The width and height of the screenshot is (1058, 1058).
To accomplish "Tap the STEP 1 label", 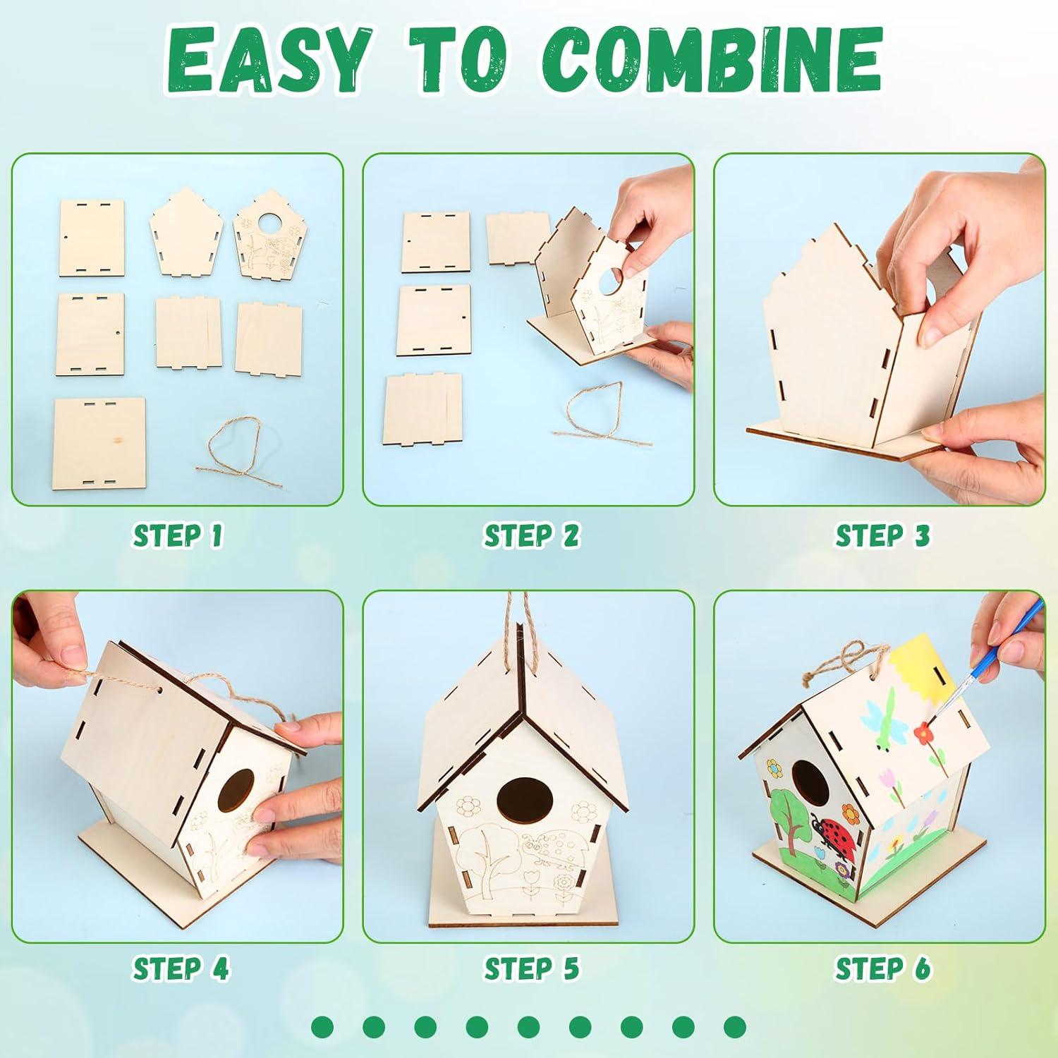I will pyautogui.click(x=178, y=535).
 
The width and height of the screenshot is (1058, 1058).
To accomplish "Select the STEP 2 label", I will pyautogui.click(x=530, y=535).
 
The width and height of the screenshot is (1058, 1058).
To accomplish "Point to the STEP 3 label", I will pyautogui.click(x=882, y=535).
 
